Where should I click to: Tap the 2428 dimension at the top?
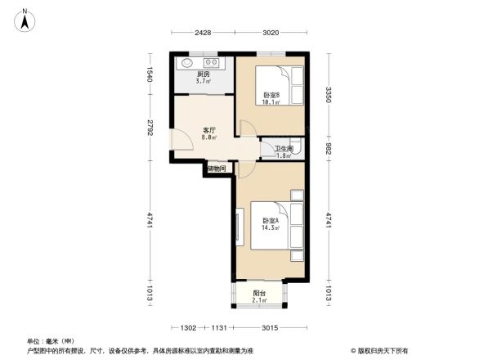pos(204,33)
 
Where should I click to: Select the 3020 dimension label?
pos(271,33)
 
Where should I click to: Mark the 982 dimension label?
pos(329,149)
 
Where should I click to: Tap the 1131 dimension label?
pos(217,328)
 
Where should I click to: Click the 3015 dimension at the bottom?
pos(270,328)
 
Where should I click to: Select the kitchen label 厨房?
pos(203,74)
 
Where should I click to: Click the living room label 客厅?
pos(209,130)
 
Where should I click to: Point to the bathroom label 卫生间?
pos(283,148)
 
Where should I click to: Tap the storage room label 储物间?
pos(217,169)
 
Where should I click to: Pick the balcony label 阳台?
pos(258,293)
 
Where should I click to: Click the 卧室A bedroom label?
pos(271,221)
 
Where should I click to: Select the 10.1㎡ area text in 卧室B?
pos(271,103)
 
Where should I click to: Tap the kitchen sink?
pos(187,62)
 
